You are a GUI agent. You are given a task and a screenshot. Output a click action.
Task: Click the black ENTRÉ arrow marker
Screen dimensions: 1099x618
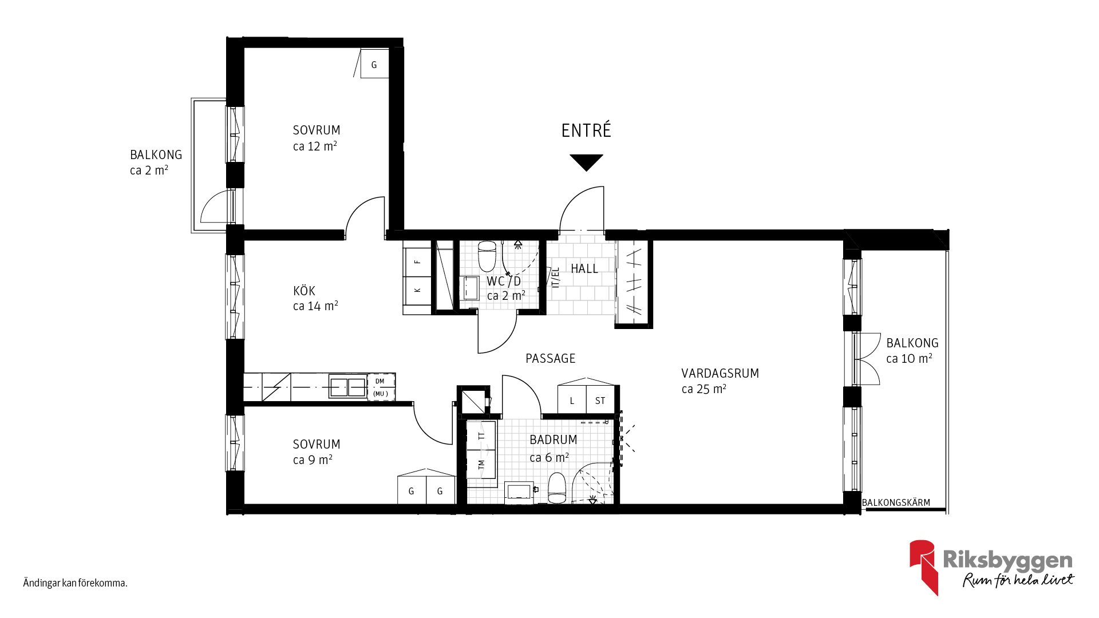(586, 161)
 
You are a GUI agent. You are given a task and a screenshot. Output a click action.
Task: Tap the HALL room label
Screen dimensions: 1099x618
(584, 268)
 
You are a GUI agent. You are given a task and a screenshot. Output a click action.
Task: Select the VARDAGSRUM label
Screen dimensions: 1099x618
(720, 374)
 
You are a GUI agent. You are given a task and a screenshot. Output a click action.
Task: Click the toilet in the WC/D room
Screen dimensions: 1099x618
(487, 256)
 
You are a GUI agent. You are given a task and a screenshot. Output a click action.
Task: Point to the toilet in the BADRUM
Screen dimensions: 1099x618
(557, 488)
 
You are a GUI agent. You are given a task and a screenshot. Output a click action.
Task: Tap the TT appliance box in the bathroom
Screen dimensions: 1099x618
(481, 435)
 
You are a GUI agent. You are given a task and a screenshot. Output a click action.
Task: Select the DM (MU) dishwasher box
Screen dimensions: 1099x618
(381, 387)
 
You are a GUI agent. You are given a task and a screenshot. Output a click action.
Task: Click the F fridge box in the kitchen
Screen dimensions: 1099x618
(417, 262)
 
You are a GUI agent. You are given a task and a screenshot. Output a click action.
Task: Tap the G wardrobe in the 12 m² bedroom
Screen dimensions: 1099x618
(374, 64)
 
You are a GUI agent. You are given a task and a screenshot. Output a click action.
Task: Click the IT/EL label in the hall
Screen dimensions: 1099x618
(555, 278)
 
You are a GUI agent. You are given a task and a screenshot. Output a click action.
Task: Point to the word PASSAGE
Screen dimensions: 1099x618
(551, 359)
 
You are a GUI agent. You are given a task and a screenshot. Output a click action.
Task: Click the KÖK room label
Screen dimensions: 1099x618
(304, 291)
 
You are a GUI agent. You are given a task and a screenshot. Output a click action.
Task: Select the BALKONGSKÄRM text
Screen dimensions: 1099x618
(896, 503)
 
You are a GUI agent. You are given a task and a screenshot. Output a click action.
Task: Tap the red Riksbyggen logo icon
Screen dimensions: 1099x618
(923, 566)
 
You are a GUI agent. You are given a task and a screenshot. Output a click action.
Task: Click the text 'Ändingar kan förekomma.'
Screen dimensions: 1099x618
(75, 583)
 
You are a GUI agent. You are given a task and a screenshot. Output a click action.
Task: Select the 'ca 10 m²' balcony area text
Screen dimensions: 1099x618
(909, 359)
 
